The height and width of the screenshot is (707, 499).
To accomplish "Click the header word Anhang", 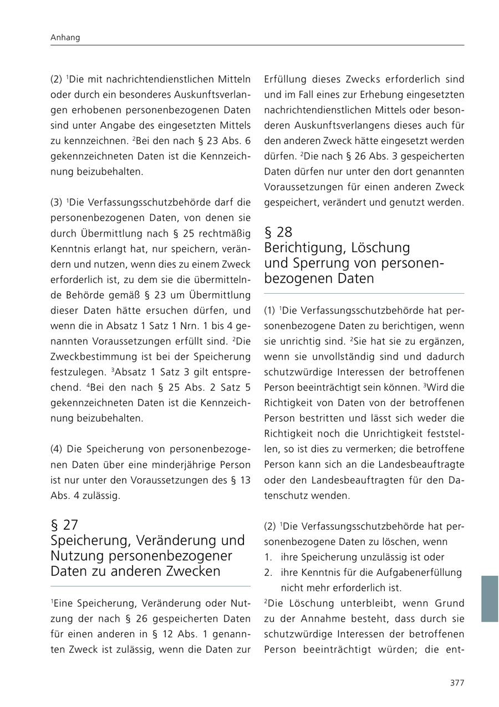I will click(65, 38).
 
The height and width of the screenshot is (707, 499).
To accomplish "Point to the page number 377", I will click(457, 683).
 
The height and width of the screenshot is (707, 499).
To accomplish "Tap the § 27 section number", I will click(64, 525).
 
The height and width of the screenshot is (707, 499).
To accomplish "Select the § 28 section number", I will click(278, 232).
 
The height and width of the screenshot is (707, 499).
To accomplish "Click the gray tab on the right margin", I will click(490, 598).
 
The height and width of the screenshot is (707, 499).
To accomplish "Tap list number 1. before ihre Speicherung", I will click(268, 557).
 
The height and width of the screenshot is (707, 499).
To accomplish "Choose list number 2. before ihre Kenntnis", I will click(268, 572).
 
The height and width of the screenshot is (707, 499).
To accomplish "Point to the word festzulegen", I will click(76, 372).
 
